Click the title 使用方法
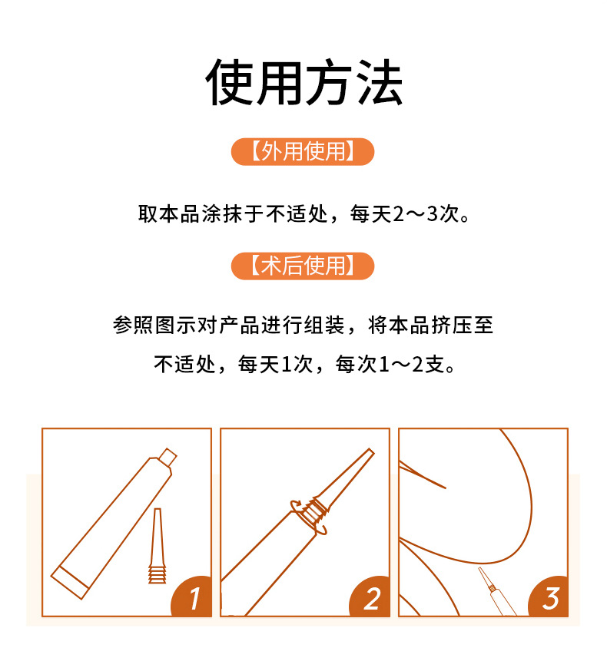pos(304,82)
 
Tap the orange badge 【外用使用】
pos(303,151)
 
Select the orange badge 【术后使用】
pos(303,266)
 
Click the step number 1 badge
pos(192,597)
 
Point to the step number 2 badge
pos(370,597)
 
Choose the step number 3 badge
pos(549,597)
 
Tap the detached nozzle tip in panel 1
pos(158,546)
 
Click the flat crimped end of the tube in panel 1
pos(70,582)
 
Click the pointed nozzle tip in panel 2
pos(371,451)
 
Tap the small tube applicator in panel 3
pos(496,591)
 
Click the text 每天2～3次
pos(410,214)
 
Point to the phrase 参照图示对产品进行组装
pos(229,326)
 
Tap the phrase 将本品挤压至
pos(430,326)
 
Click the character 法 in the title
pos(380,82)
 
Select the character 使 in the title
pos(229,82)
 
